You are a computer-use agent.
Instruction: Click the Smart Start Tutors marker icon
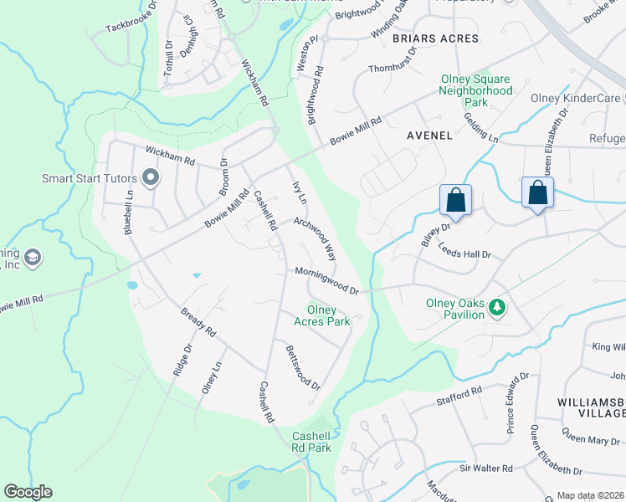(151, 177)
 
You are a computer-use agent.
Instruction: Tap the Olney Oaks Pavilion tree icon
(498, 308)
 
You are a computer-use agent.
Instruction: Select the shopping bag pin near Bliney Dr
(456, 200)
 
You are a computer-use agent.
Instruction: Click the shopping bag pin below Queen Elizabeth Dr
(537, 192)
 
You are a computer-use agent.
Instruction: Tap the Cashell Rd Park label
(311, 442)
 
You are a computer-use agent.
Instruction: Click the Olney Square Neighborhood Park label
(476, 90)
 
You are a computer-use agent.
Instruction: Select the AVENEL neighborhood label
(429, 135)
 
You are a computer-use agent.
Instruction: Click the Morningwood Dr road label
(326, 280)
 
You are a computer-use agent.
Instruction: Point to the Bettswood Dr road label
(302, 368)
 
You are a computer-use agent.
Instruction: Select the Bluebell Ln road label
(130, 216)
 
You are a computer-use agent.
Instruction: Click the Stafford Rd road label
(459, 396)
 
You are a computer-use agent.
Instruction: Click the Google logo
(28, 492)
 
